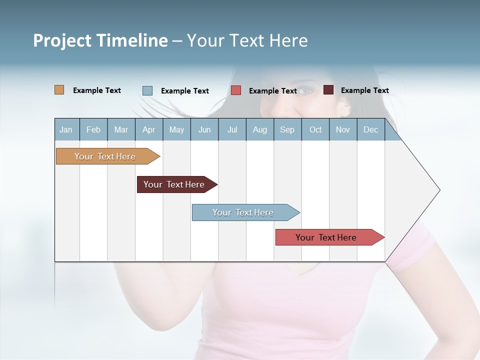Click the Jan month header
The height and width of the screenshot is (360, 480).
(66, 129)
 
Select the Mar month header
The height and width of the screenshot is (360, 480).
(121, 129)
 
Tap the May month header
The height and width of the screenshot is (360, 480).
(176, 129)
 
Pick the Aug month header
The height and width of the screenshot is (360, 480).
(259, 129)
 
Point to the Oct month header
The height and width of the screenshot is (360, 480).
(315, 129)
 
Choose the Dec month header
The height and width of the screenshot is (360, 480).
(370, 129)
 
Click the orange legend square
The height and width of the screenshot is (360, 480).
(59, 90)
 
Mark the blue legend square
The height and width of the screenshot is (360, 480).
(147, 90)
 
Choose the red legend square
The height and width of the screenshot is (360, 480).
(236, 90)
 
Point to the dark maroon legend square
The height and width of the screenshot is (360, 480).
(328, 90)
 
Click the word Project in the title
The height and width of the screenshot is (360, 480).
(62, 40)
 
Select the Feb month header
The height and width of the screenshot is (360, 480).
(93, 129)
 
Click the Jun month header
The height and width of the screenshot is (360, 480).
(204, 129)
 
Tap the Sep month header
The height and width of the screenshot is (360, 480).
(287, 129)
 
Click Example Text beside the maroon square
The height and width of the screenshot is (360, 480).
(364, 90)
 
